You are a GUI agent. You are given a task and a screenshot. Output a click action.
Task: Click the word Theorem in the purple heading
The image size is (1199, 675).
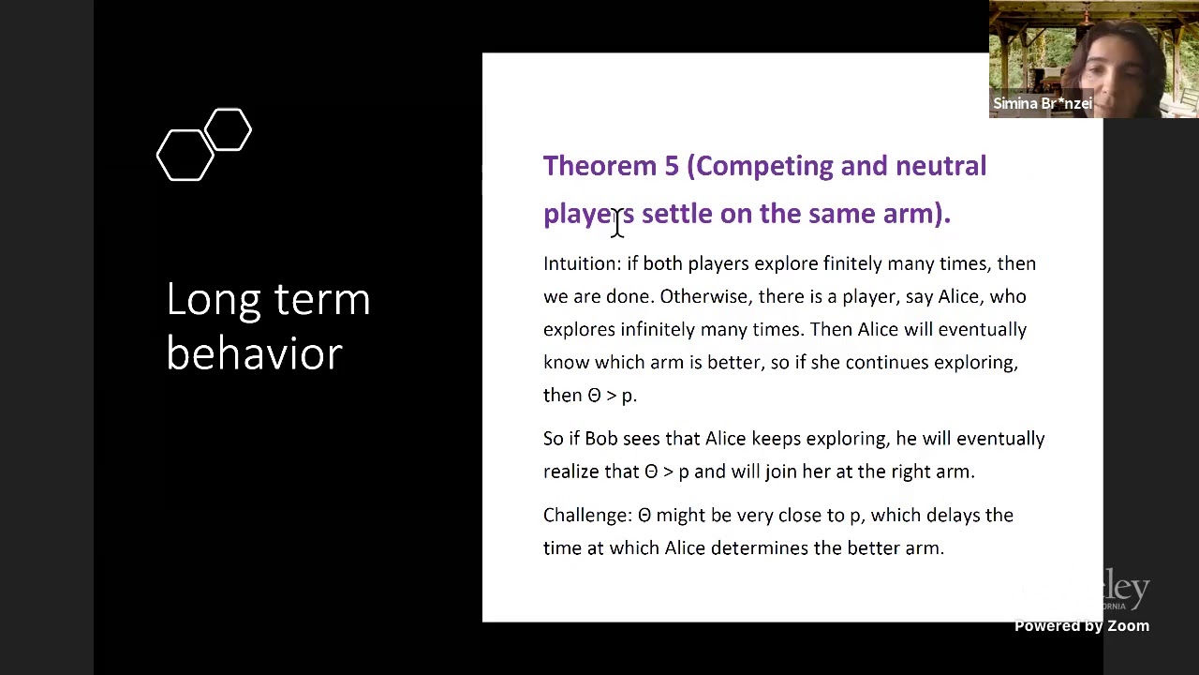click(599, 167)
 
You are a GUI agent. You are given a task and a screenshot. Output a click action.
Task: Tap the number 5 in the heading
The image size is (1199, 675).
click(671, 167)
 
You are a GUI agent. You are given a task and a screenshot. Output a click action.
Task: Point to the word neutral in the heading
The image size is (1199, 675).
click(940, 167)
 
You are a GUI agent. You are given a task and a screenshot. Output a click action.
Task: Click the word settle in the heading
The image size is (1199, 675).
click(676, 214)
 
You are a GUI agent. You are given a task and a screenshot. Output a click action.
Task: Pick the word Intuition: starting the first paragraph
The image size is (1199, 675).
click(582, 264)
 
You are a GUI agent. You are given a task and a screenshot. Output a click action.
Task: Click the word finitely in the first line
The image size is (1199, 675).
click(852, 264)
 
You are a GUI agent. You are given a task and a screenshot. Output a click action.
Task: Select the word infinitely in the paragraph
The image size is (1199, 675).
click(658, 330)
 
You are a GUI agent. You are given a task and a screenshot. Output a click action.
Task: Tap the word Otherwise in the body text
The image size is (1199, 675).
click(703, 297)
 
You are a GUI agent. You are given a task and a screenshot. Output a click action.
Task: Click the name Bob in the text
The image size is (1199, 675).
click(601, 439)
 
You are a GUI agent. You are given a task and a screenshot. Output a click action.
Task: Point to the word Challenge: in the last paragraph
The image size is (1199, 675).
click(587, 516)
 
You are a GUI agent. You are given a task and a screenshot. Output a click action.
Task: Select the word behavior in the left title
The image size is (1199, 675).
click(254, 354)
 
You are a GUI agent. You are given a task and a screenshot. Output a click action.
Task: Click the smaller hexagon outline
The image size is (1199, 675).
click(228, 129)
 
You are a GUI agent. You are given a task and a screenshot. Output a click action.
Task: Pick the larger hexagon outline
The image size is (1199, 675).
click(185, 155)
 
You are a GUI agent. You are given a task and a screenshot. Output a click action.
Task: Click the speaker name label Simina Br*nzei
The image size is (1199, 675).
click(1042, 104)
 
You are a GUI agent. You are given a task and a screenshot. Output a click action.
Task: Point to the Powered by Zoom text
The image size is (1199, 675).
click(1081, 626)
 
